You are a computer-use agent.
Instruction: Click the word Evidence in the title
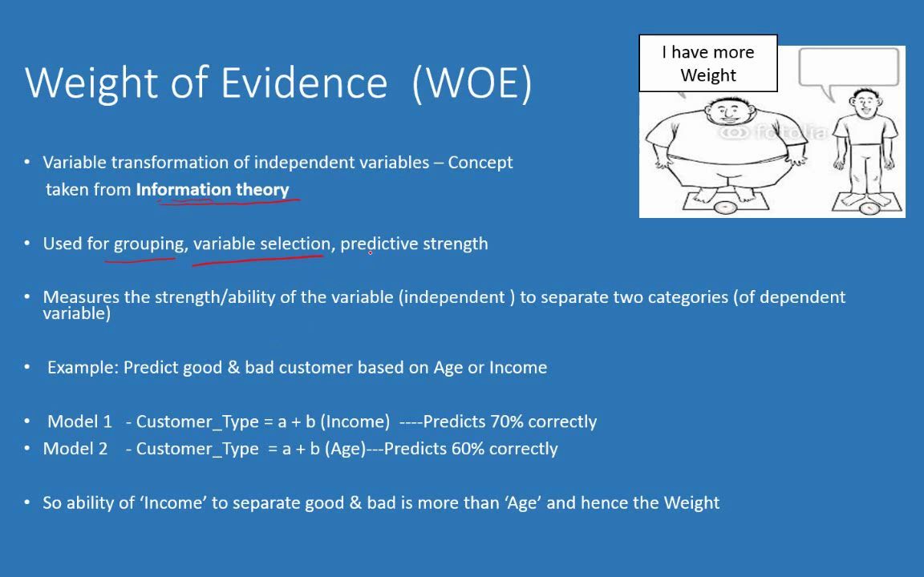coord(304,83)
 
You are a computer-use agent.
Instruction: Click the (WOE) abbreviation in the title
coord(472,83)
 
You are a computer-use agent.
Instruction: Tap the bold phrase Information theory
coord(213,190)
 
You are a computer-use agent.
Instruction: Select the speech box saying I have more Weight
coord(707,63)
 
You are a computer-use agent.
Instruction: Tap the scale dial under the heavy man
coord(725,208)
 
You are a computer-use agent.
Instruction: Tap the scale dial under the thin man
coord(869,209)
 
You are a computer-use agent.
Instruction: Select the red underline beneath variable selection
coord(257,259)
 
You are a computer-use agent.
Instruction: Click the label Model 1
coord(79,422)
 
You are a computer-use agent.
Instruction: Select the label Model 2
coord(75,449)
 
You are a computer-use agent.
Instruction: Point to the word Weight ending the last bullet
coord(691,503)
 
